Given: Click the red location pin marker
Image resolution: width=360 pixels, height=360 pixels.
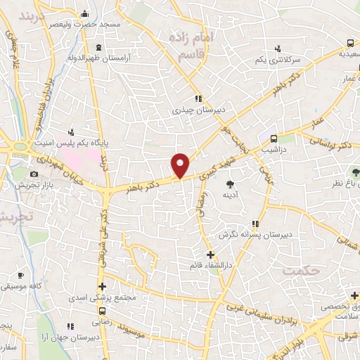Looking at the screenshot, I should point(181,164).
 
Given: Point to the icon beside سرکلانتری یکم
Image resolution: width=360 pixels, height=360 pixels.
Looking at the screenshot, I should point(278,49).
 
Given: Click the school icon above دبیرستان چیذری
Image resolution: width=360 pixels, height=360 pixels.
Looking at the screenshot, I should point(198,98).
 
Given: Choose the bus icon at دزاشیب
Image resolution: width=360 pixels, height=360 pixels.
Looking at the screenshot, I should point(274,139).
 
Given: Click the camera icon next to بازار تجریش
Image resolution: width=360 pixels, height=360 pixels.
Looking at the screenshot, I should point(33,174).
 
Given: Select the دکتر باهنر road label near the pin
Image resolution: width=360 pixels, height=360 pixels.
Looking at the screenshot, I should point(154,182).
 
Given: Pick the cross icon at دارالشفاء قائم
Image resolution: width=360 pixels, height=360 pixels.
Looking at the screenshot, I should point(210,254).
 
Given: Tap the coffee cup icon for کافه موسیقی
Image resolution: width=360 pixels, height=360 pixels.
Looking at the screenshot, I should point(21,275).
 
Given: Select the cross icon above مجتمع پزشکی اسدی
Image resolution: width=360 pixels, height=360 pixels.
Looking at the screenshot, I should point(103,286).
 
